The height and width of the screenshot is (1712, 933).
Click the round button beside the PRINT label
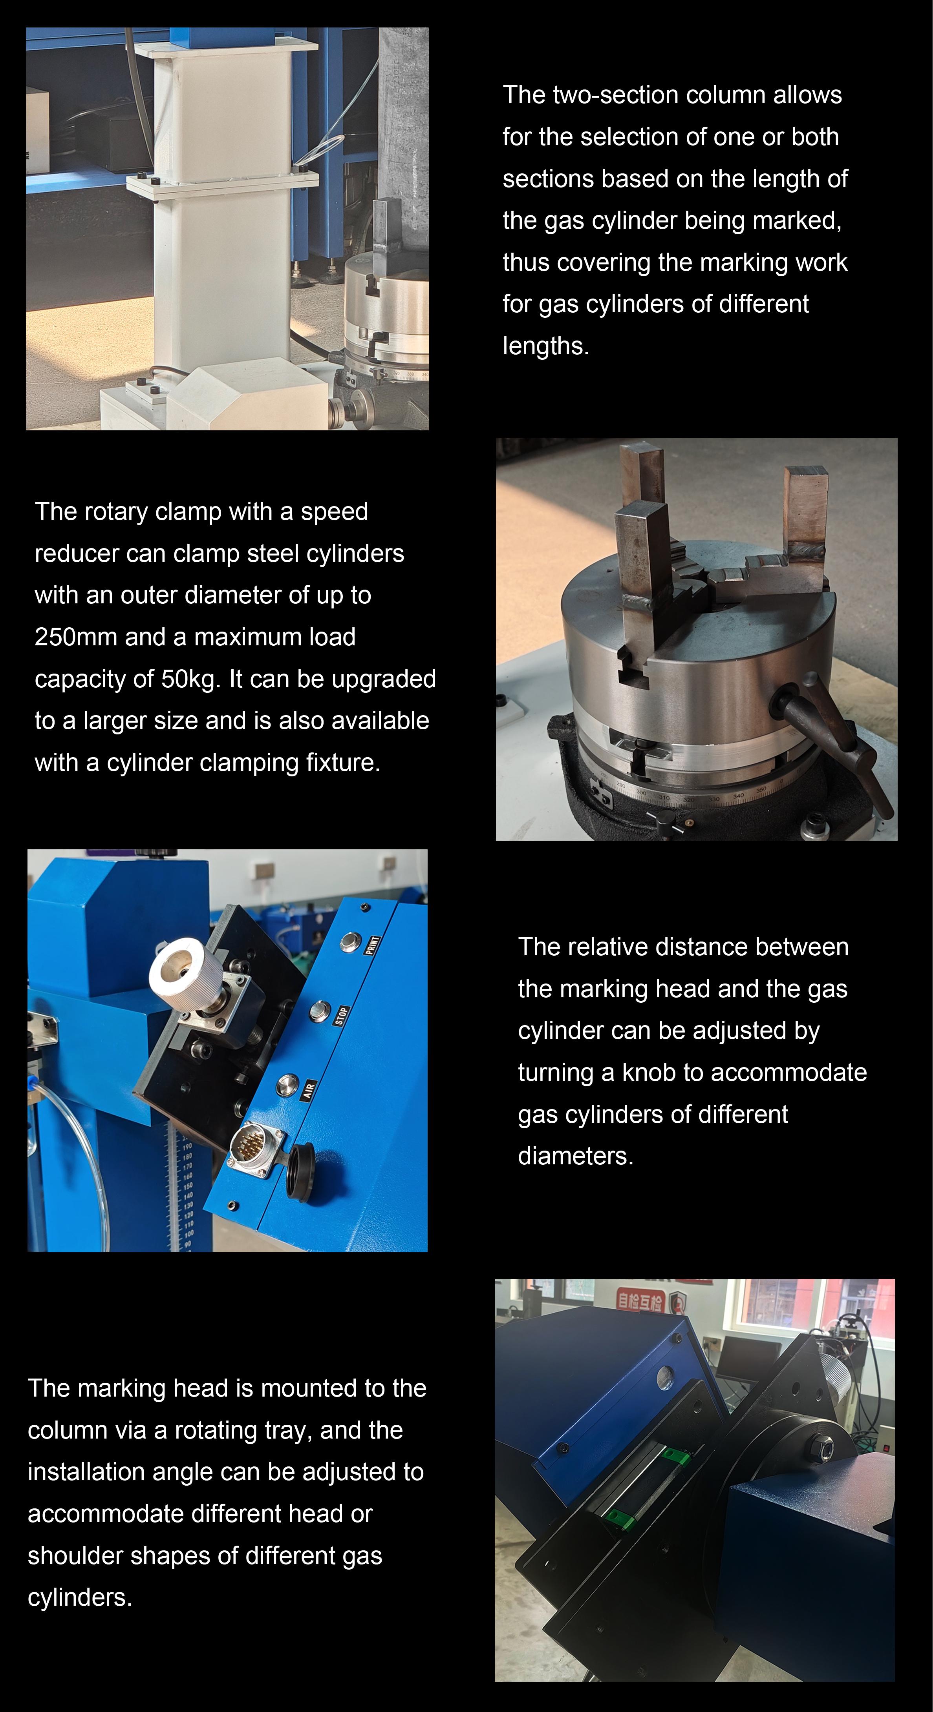click(348, 942)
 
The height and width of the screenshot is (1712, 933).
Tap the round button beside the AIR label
click(287, 1084)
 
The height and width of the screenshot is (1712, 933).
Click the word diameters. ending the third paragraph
click(576, 1156)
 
